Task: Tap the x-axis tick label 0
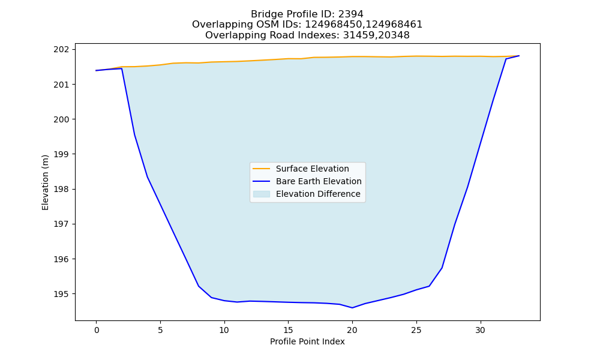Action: click(97, 330)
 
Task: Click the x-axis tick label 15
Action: click(288, 330)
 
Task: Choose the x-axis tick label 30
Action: click(480, 330)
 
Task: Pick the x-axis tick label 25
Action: click(416, 330)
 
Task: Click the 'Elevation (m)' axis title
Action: click(45, 182)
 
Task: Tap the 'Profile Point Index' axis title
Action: click(307, 341)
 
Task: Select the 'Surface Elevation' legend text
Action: click(312, 169)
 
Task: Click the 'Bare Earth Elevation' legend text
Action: click(319, 181)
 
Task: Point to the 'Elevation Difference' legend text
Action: click(318, 194)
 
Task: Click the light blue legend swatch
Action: click(262, 194)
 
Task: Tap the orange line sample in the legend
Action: click(262, 169)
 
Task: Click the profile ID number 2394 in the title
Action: click(350, 14)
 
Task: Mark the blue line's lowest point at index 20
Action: click(352, 308)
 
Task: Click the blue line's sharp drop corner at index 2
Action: click(122, 68)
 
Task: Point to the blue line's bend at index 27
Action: click(442, 268)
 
